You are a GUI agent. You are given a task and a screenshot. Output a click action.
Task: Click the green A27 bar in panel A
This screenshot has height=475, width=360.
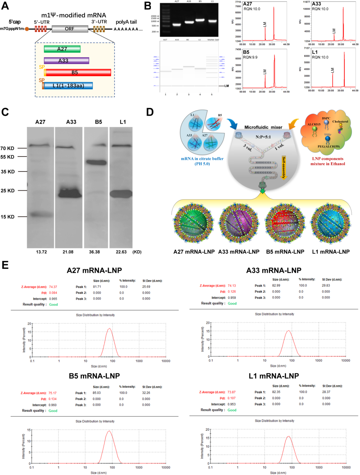point(62,49)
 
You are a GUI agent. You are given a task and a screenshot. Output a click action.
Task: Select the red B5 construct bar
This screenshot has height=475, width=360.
point(78,72)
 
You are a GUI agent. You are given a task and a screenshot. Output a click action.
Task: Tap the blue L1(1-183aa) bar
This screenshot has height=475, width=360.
point(68,86)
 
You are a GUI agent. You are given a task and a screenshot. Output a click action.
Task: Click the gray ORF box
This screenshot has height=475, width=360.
point(70,29)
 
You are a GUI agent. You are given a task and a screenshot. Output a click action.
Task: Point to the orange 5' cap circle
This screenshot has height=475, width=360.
point(27,29)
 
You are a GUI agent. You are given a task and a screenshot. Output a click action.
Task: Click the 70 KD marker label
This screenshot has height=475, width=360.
point(7,148)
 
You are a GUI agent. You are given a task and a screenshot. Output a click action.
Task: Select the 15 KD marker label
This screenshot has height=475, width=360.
point(7,217)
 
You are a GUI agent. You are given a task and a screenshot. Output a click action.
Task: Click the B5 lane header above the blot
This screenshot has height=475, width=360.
point(98,122)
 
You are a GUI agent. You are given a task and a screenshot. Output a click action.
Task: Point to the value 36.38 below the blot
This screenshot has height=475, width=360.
point(94,252)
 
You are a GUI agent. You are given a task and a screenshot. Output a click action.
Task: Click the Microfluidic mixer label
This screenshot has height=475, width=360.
point(263,127)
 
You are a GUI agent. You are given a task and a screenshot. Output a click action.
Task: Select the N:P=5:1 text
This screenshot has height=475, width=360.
point(263,137)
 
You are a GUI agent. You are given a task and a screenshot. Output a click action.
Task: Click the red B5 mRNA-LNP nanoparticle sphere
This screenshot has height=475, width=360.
point(285,224)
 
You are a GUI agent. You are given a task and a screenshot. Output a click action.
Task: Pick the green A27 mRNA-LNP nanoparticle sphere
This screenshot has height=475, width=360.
point(193,224)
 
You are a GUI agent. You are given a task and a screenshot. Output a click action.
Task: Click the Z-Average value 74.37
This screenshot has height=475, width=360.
point(53,287)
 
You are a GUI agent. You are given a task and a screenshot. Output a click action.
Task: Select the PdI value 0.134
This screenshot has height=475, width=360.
point(53,399)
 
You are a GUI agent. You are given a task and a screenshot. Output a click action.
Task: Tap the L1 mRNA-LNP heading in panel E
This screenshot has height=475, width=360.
point(274,376)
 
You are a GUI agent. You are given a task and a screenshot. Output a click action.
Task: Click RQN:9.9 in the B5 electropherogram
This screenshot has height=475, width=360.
point(250,57)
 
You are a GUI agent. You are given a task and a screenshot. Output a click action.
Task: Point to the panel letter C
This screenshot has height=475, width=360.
point(5,112)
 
